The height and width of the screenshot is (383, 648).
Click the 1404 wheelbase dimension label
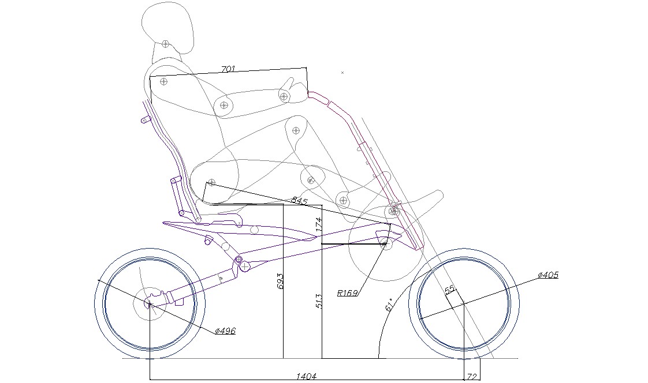[306, 376]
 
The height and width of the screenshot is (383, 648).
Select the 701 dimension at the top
[228, 69]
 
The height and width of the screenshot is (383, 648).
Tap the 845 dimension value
[299, 201]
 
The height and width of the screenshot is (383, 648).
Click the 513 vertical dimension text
[318, 301]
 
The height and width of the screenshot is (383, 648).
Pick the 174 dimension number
[319, 224]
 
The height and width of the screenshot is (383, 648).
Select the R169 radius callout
[347, 293]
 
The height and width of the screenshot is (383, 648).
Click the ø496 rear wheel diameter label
[225, 331]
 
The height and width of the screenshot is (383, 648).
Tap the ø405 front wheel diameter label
[548, 275]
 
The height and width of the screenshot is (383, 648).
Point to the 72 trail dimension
[471, 376]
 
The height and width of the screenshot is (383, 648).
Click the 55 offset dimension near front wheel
[449, 290]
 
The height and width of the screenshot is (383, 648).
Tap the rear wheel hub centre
[150, 305]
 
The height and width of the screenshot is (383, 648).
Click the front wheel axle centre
[464, 304]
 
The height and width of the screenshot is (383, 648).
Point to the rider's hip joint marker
[211, 182]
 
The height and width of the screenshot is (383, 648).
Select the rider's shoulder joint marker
[164, 81]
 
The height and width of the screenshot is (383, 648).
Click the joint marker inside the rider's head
[165, 44]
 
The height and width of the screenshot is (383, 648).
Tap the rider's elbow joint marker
[224, 105]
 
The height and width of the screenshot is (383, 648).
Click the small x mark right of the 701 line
[342, 73]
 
